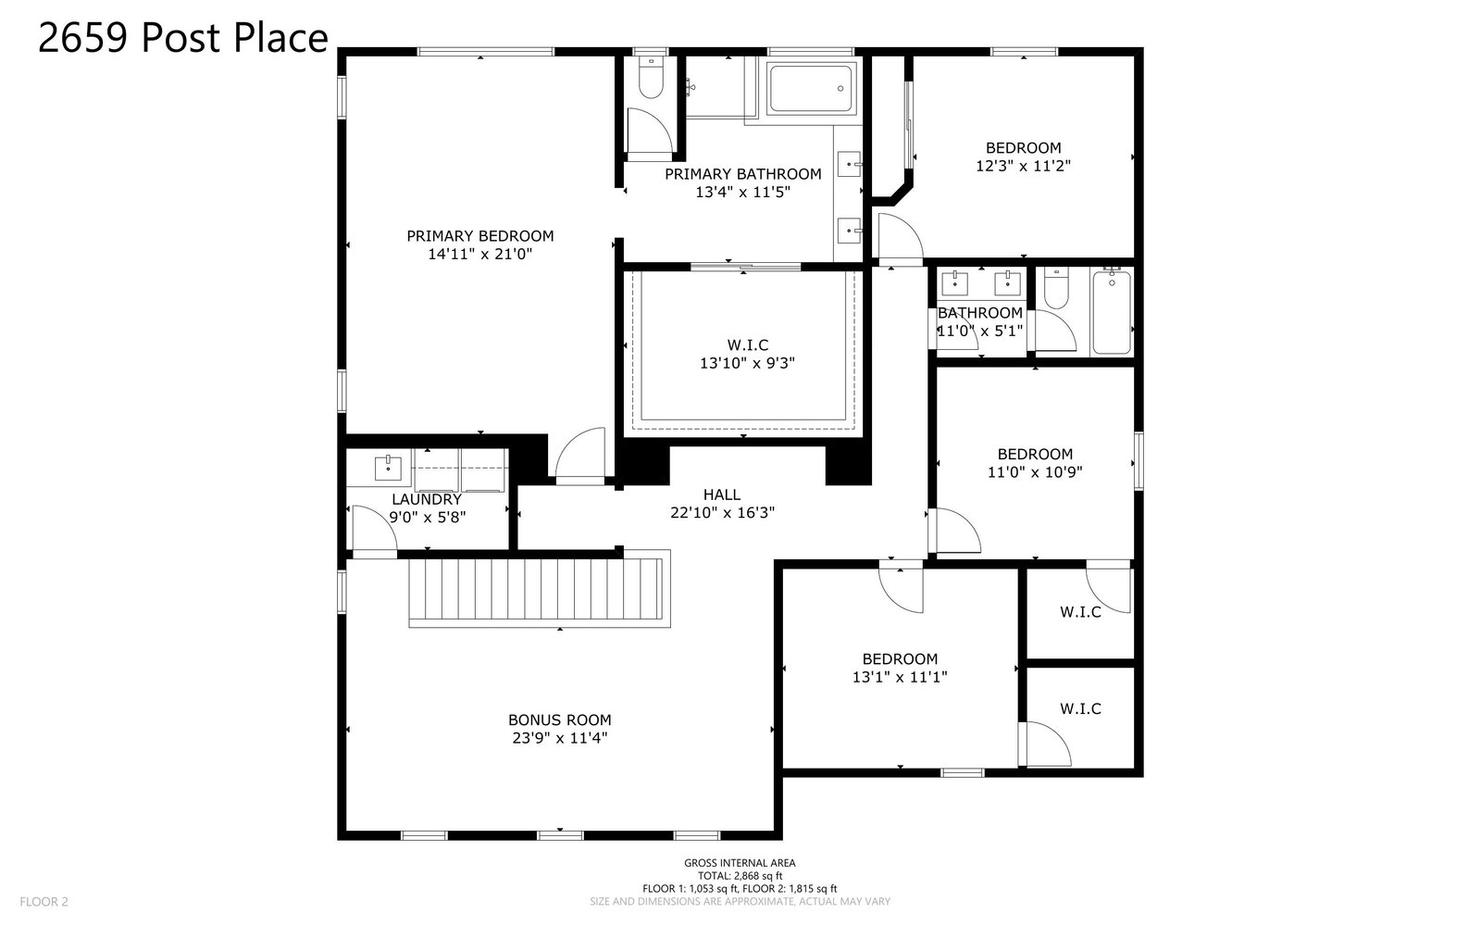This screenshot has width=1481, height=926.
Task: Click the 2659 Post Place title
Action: click(x=183, y=38)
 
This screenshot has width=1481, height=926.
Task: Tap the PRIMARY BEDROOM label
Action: click(x=480, y=236)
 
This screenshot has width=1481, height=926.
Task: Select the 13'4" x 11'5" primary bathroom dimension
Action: click(x=743, y=193)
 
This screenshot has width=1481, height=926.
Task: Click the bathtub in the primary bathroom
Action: click(x=811, y=89)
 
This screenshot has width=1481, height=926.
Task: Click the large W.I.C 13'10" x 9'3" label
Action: click(x=748, y=354)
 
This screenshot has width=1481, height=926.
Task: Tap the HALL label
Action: click(x=722, y=494)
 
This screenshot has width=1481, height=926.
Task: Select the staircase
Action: click(x=540, y=589)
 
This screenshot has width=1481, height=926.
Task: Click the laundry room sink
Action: click(x=388, y=469)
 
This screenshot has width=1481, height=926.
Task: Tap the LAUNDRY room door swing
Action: click(x=374, y=528)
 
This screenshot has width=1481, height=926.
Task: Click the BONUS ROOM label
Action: click(x=560, y=720)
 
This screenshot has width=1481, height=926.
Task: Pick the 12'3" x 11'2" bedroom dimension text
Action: click(x=1024, y=166)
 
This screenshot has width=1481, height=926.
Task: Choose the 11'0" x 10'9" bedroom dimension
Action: click(x=1036, y=472)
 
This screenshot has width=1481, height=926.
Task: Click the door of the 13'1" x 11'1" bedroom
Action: click(x=901, y=588)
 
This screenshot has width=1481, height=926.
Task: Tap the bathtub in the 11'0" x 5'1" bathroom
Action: click(x=1112, y=313)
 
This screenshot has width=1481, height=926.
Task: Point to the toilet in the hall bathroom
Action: click(x=1056, y=289)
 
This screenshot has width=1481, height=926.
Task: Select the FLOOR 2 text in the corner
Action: click(x=44, y=902)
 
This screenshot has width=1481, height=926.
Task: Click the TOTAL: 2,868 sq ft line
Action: click(x=740, y=876)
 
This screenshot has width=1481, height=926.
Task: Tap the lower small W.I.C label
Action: click(x=1081, y=709)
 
